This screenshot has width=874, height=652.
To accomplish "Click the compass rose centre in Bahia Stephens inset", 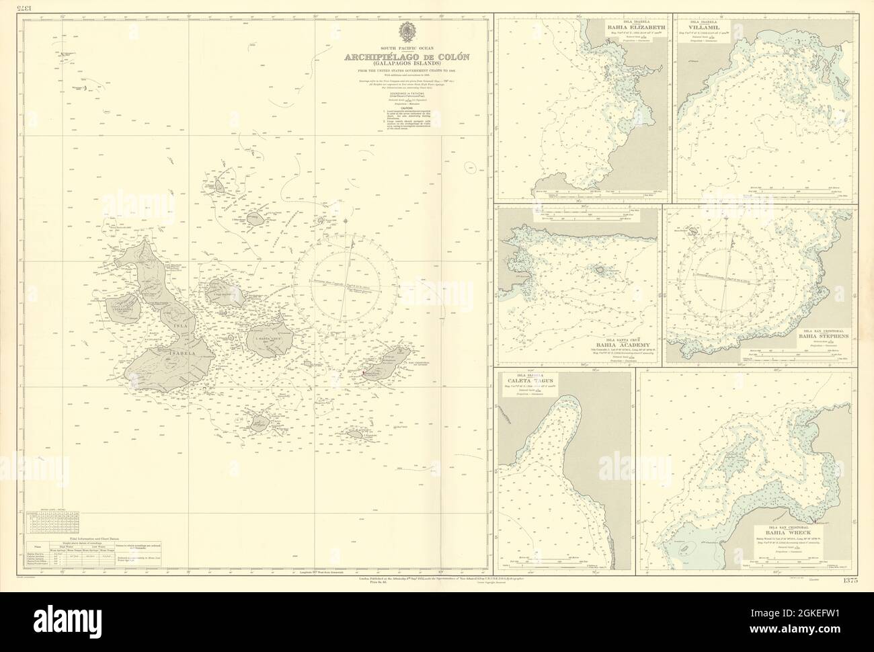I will (x=729, y=276).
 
